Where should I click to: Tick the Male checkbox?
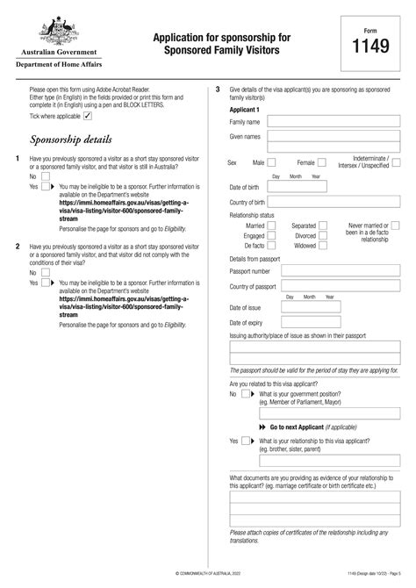pyautogui.click(x=272, y=162)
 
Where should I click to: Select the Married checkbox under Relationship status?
pyautogui.click(x=272, y=226)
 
